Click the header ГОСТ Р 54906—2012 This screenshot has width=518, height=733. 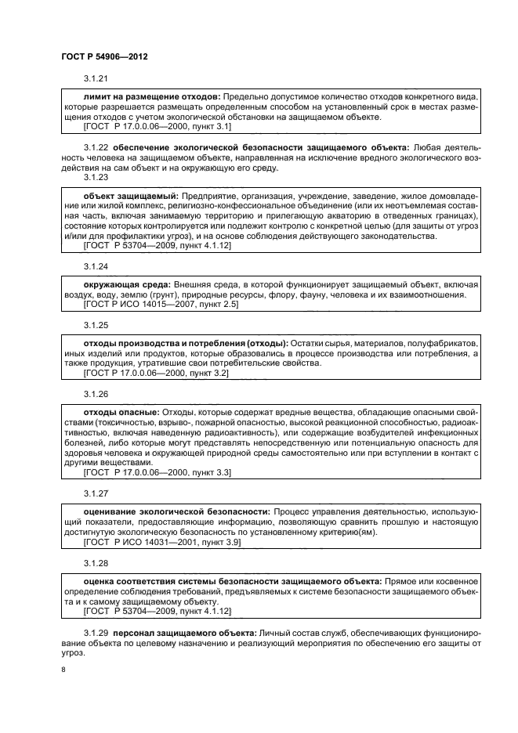[x=104, y=57]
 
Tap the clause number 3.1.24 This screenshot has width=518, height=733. [x=95, y=266]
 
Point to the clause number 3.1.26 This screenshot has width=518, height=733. [x=95, y=393]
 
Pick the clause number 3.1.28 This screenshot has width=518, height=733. [x=95, y=562]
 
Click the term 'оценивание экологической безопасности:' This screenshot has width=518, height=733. [x=176, y=511]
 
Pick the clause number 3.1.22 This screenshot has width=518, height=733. [x=95, y=147]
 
